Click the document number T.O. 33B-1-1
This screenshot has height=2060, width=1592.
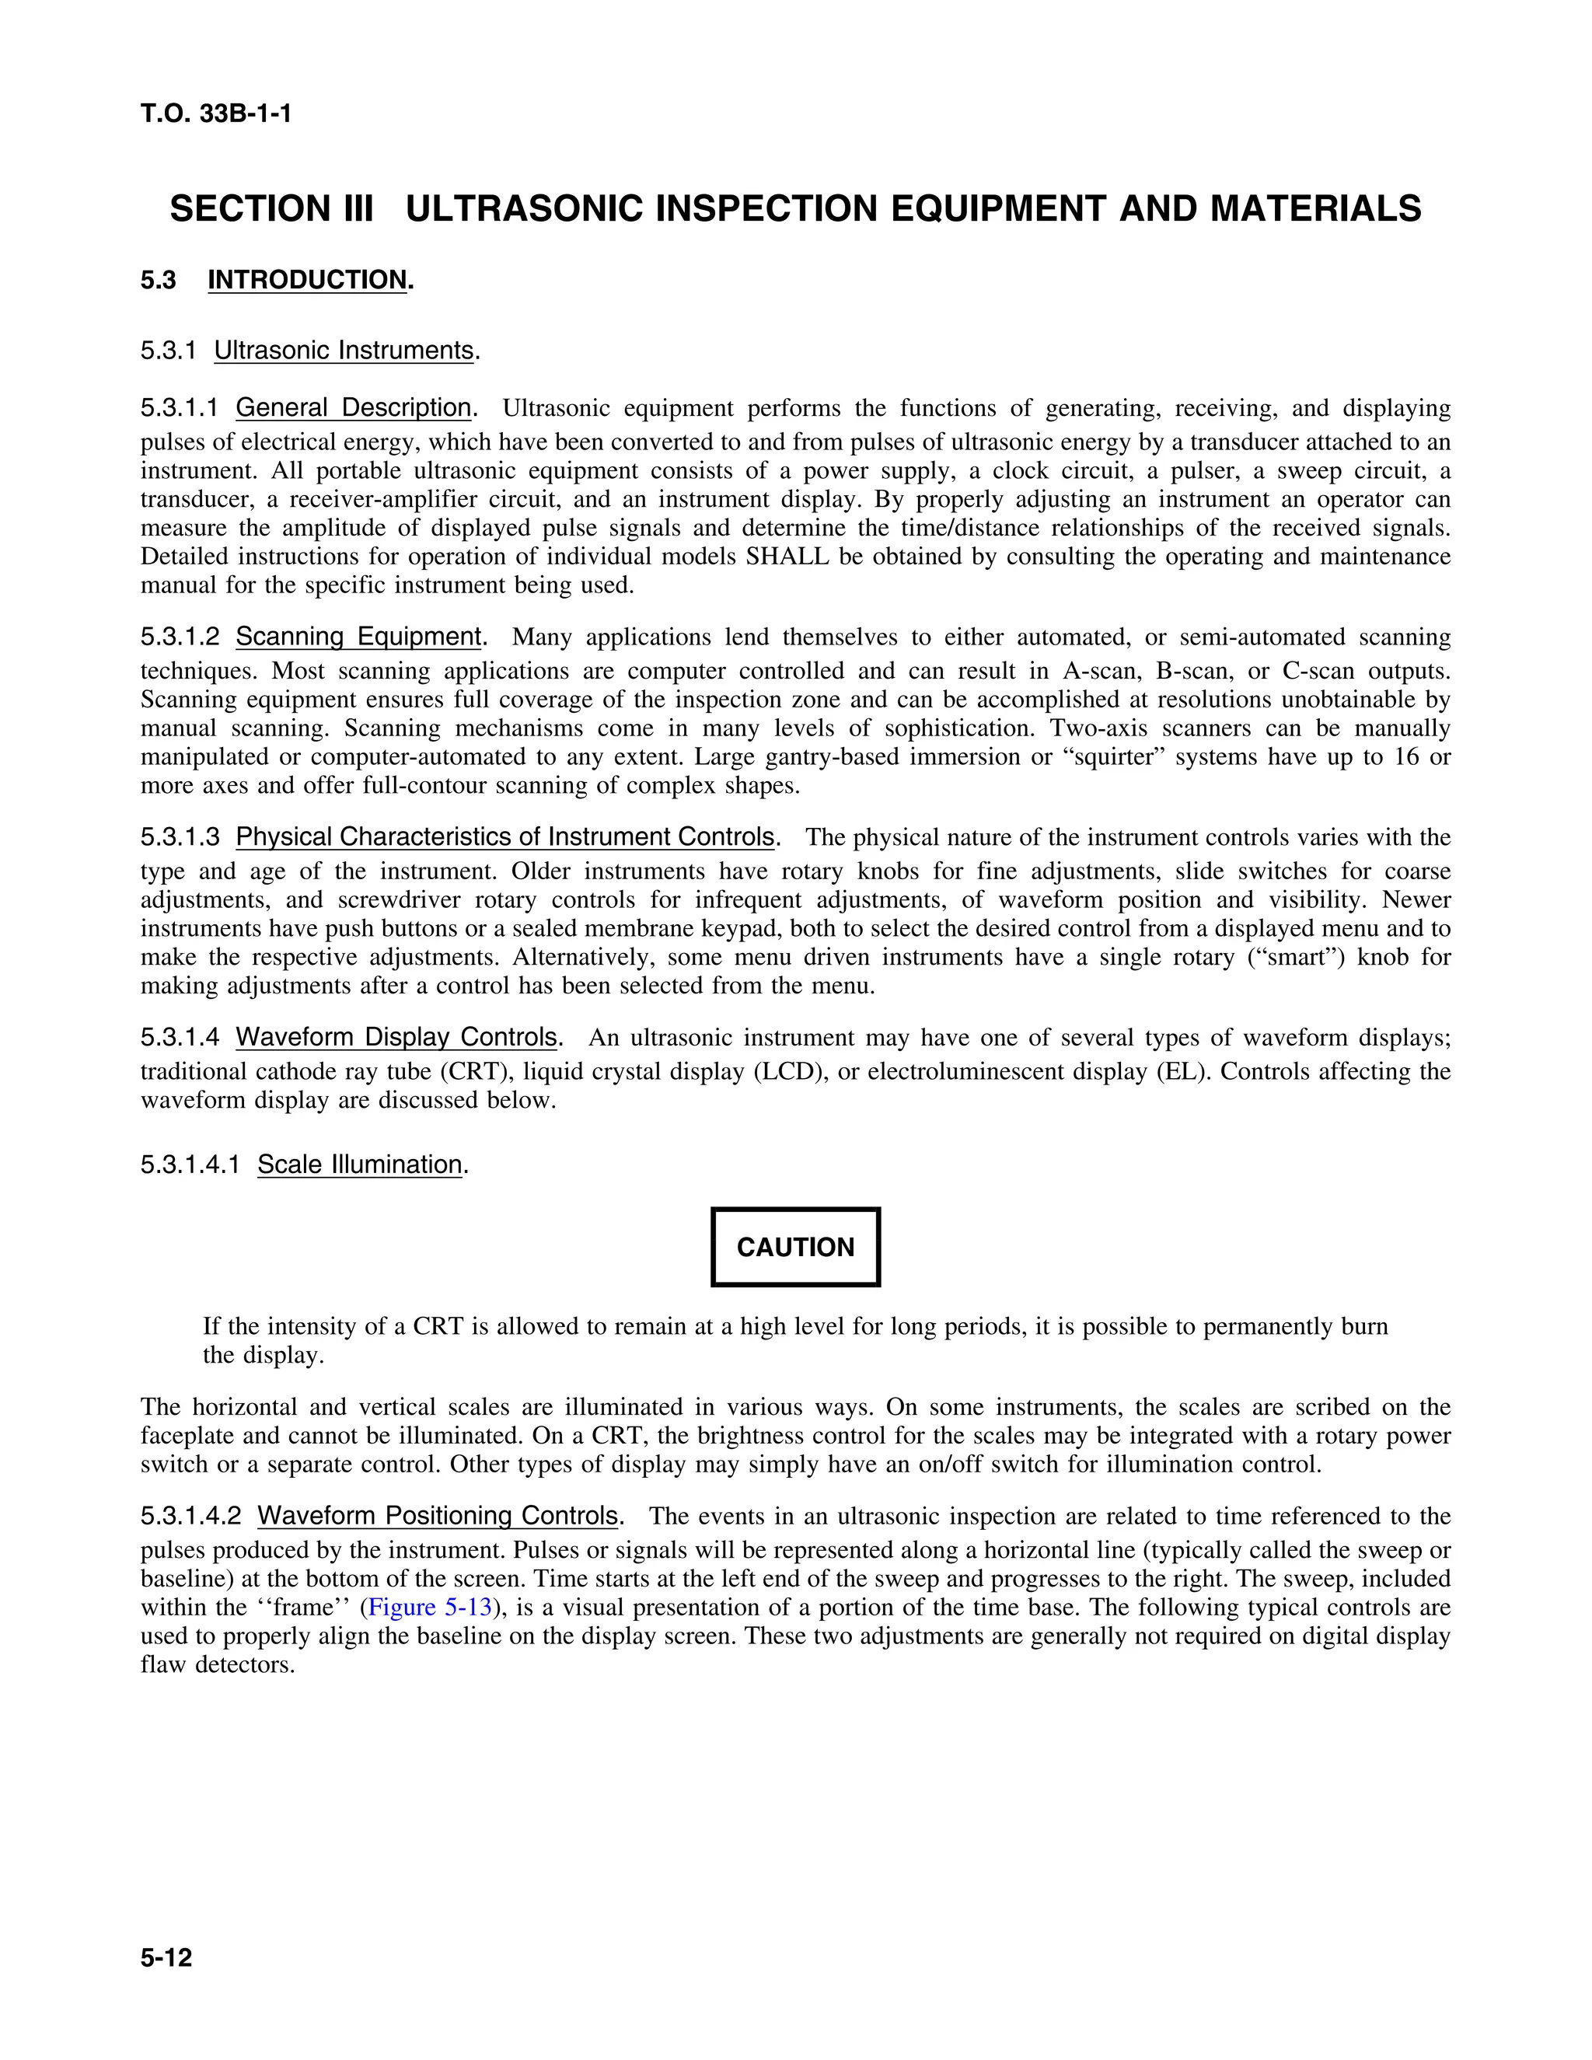(216, 114)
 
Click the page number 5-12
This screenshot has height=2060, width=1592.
(166, 1957)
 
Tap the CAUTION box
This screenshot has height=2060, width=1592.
(795, 1247)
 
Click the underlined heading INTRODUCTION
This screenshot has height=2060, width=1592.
(308, 280)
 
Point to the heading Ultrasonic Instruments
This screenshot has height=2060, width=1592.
(344, 351)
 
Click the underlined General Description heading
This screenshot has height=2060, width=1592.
(354, 407)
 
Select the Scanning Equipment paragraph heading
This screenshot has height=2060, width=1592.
(358, 637)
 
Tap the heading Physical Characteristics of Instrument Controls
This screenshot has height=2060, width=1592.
(505, 836)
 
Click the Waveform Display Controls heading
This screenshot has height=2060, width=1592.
(396, 1038)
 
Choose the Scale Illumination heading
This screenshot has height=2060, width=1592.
(359, 1165)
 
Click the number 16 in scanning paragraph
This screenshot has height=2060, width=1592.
(1405, 757)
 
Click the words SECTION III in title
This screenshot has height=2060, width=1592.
(271, 208)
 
